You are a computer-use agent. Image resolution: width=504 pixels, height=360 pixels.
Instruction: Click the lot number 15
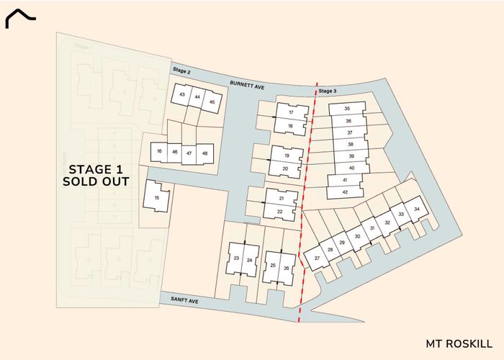(x=156, y=197)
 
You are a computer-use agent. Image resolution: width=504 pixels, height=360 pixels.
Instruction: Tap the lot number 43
(x=182, y=96)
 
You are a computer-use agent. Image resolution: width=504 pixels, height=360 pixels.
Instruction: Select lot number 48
(x=205, y=153)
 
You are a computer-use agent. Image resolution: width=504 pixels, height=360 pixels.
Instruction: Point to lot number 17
(x=291, y=113)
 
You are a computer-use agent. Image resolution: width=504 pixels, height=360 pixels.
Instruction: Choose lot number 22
(x=280, y=212)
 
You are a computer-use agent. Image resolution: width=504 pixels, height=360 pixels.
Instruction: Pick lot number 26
(x=286, y=268)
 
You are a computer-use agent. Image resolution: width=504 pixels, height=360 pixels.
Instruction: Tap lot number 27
(x=317, y=257)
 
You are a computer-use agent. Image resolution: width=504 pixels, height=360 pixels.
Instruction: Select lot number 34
(x=415, y=209)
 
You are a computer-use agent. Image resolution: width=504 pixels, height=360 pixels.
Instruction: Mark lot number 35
(x=347, y=109)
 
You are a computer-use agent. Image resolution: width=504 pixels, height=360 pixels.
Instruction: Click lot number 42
(x=345, y=192)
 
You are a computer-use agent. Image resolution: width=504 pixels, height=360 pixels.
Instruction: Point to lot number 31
(x=372, y=228)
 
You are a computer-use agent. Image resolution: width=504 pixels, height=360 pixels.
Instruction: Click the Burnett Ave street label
(x=248, y=84)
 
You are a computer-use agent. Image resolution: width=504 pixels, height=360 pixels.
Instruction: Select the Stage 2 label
(x=181, y=71)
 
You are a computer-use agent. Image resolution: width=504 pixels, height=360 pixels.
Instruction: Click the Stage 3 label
(x=328, y=91)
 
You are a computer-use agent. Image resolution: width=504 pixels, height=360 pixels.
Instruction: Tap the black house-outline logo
(x=21, y=20)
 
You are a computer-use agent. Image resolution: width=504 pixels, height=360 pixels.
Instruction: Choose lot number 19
(x=287, y=156)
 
